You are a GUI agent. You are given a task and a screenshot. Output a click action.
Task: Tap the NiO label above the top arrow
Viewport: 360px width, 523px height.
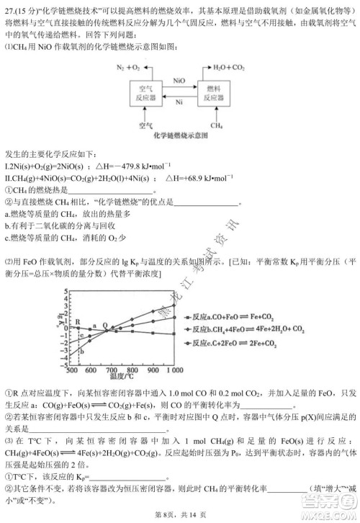pos(181,82)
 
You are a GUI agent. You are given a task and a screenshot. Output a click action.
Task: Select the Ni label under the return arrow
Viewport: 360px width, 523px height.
pos(181,104)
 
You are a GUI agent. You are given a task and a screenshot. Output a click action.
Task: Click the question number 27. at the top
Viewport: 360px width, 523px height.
pos(10,7)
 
